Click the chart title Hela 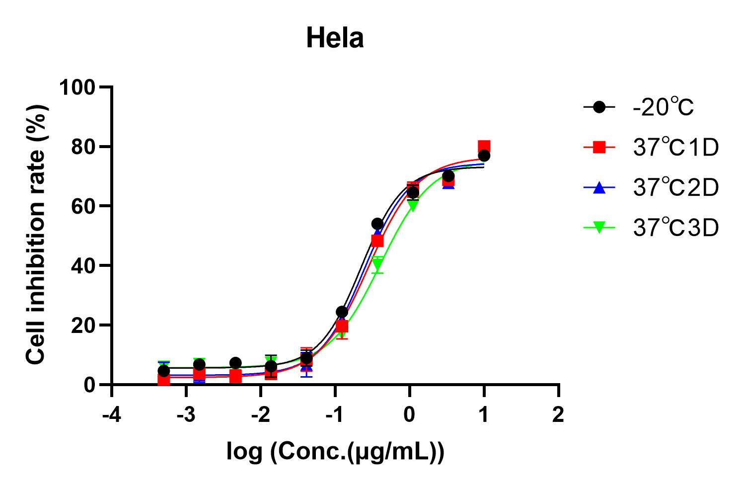pyautogui.click(x=335, y=38)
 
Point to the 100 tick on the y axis pyautogui.click(x=77, y=87)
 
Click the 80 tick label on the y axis pyautogui.click(x=82, y=147)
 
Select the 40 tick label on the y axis pyautogui.click(x=82, y=266)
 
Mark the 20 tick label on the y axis pyautogui.click(x=82, y=325)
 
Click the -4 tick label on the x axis pyautogui.click(x=111, y=414)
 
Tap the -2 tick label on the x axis pyautogui.click(x=260, y=414)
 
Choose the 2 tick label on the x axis pyautogui.click(x=558, y=414)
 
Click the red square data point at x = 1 pyautogui.click(x=484, y=147)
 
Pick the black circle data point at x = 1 pyautogui.click(x=484, y=156)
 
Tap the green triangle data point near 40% pyautogui.click(x=377, y=263)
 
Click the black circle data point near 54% pyautogui.click(x=377, y=224)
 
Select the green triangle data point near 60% pyautogui.click(x=412, y=205)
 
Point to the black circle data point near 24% pyautogui.click(x=342, y=312)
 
